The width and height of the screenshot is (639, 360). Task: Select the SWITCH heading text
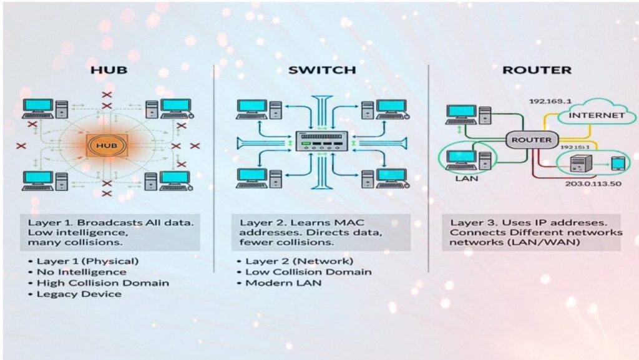point(321,70)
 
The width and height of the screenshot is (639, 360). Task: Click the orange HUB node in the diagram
point(107,145)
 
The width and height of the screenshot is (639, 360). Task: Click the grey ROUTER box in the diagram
point(531,140)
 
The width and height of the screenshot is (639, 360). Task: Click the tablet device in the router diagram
point(617,164)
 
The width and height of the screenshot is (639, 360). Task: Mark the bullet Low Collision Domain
point(308,271)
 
